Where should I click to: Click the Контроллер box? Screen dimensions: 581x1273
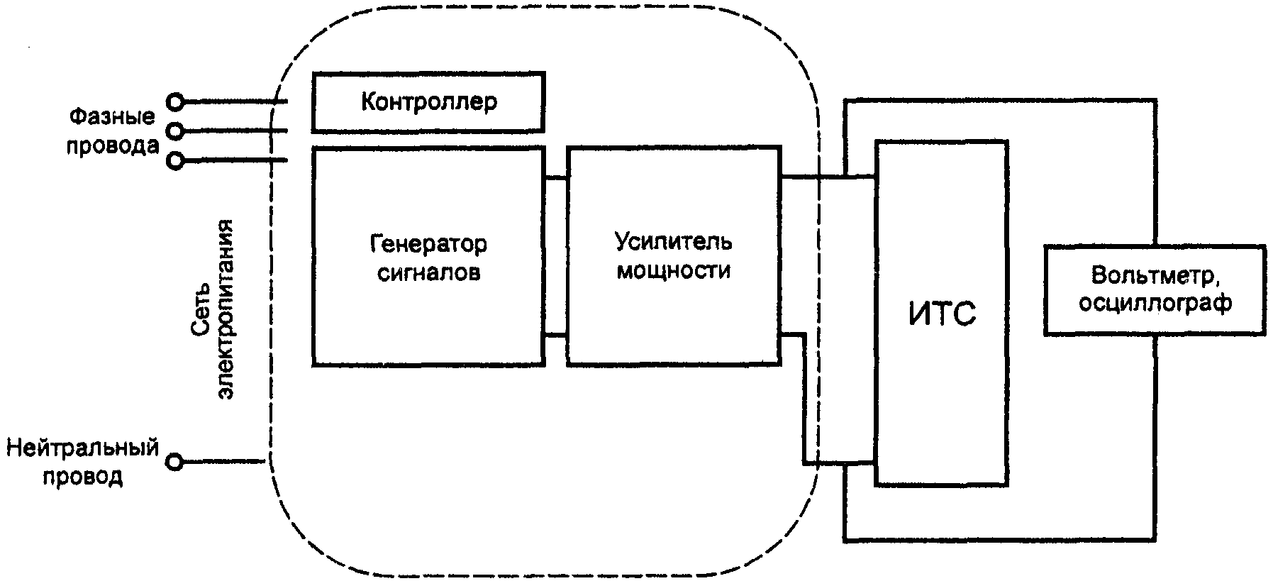pos(428,101)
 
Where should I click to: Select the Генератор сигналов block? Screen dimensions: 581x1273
pos(428,257)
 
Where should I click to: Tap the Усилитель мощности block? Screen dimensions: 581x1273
pos(673,257)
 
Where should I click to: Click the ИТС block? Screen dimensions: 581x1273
pos(942,313)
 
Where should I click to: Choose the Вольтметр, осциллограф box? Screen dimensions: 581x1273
pos(1155,289)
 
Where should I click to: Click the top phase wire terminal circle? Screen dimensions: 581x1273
pos(174,102)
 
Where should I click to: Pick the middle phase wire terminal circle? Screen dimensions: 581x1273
pos(174,131)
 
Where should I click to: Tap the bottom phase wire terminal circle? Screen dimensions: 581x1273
pos(174,161)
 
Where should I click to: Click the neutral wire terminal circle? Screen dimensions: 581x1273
pos(174,463)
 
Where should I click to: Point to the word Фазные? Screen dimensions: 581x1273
pos(112,116)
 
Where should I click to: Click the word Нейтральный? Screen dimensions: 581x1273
pos(82,449)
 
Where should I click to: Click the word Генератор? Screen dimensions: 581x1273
pos(428,244)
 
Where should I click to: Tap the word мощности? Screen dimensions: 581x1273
pos(673,270)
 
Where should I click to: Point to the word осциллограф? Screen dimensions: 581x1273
pos(1155,303)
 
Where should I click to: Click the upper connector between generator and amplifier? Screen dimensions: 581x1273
pos(556,178)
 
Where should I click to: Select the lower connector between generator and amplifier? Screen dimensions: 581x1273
pos(556,335)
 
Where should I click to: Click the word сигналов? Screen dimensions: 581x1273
pos(428,272)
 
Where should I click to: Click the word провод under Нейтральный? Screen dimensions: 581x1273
pos(82,476)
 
